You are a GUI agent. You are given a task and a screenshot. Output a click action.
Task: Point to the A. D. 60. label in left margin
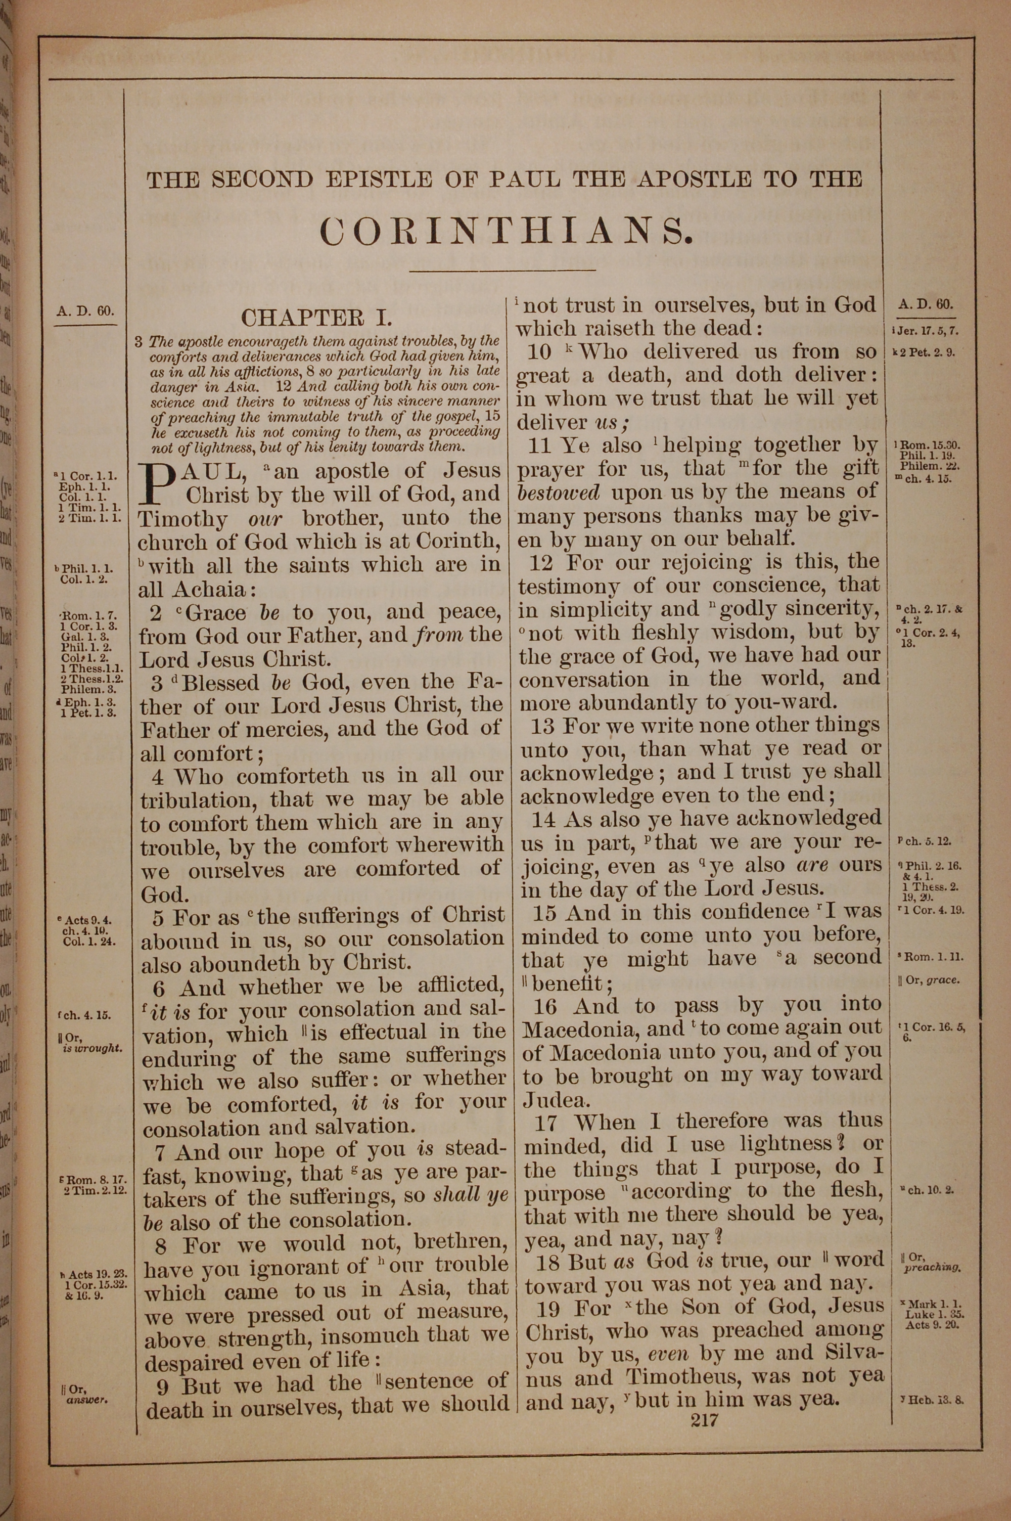(85, 311)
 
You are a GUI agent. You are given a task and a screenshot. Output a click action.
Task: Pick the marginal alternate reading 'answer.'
(86, 1400)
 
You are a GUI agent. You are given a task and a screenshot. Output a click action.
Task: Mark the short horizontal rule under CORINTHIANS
(502, 271)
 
